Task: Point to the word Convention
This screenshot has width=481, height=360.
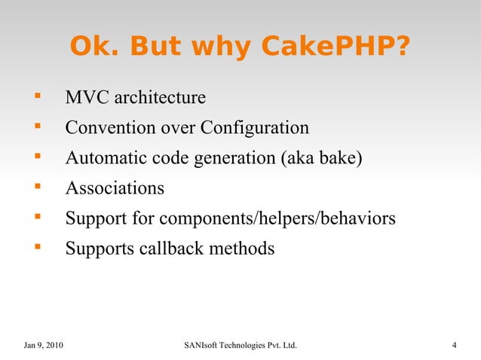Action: pos(106,128)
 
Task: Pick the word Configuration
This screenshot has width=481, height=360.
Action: pos(255,128)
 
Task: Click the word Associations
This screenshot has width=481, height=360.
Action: pos(115,188)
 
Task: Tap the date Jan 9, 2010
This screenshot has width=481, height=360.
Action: pos(44,346)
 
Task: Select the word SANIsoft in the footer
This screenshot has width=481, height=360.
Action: pos(201,346)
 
